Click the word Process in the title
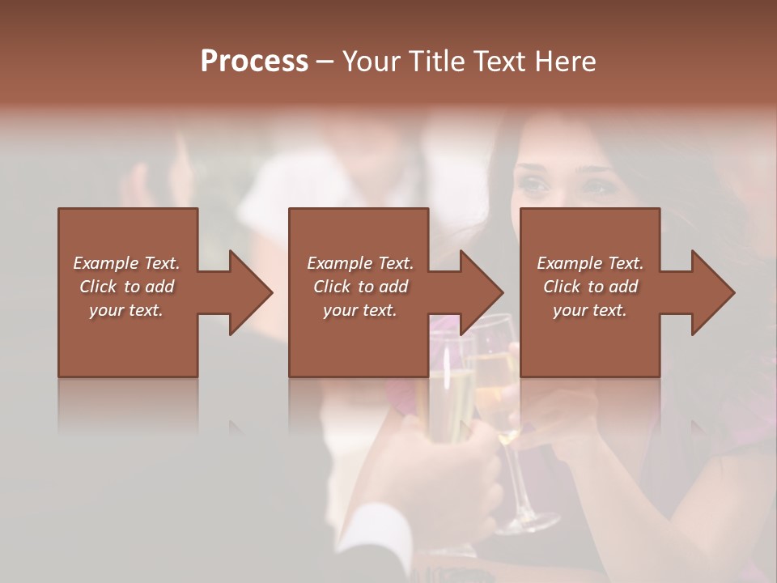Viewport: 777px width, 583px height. (x=254, y=62)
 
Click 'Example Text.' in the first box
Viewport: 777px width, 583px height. (x=126, y=263)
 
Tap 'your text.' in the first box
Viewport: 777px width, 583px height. (x=126, y=310)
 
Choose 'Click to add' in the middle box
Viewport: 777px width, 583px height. (x=360, y=287)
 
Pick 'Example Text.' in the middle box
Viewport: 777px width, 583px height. (x=360, y=263)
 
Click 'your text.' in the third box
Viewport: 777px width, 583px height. (x=590, y=310)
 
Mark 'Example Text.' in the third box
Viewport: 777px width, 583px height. (x=590, y=263)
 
